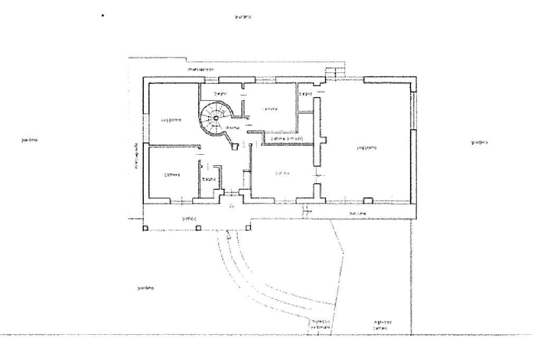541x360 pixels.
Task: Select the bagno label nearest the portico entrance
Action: click(209, 180)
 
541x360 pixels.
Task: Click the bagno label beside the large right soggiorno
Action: click(305, 94)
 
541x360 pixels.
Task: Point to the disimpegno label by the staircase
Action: click(232, 128)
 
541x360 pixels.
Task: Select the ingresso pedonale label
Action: click(320, 324)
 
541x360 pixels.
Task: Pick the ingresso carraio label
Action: click(381, 325)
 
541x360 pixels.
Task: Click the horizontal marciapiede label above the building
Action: click(201, 70)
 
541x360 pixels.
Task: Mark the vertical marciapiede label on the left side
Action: click(137, 156)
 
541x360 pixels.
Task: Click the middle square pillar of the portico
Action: click(198, 229)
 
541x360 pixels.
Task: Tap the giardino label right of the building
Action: click(479, 143)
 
